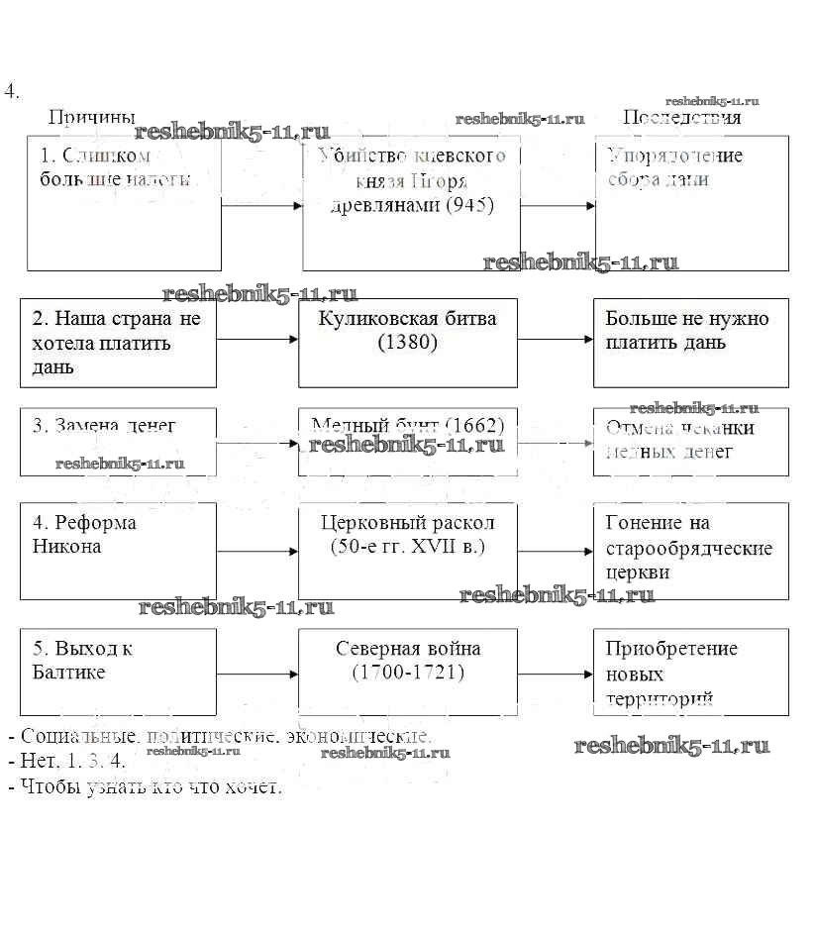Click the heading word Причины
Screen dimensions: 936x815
(x=91, y=117)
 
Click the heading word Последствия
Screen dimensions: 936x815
(x=681, y=117)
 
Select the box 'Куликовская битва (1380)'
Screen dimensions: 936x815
(x=407, y=343)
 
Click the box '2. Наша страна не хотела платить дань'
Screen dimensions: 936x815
(x=118, y=343)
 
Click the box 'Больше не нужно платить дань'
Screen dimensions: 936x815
(x=690, y=343)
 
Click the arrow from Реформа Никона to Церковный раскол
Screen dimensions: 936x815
(x=257, y=551)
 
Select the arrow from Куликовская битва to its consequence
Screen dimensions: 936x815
(x=555, y=339)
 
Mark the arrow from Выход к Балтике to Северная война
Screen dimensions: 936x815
(x=257, y=674)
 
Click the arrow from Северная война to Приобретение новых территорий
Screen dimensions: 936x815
(x=555, y=674)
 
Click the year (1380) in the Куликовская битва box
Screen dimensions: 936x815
(x=407, y=343)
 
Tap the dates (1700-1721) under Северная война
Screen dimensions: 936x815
(x=407, y=673)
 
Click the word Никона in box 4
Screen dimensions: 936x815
(x=66, y=546)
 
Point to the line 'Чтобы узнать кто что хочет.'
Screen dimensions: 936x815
(x=145, y=787)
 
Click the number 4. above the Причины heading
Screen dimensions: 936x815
(x=12, y=92)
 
